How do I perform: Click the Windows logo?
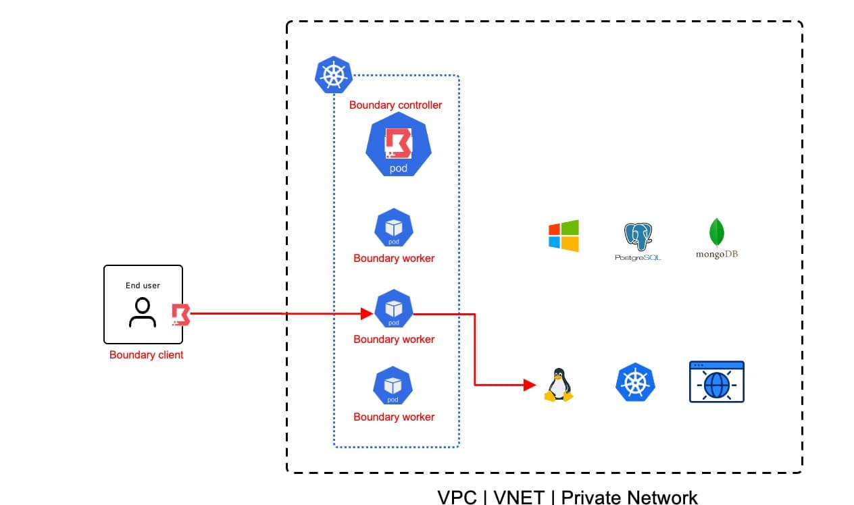tap(563, 236)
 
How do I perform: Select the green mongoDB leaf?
tap(717, 232)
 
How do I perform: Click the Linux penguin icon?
tap(559, 385)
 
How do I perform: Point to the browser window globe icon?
tap(717, 382)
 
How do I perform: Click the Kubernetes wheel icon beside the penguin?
tap(635, 382)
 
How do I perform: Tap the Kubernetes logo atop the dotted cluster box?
tap(334, 75)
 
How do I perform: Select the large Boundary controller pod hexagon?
tap(399, 144)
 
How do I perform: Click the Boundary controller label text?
tap(395, 105)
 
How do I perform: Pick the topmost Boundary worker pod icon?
tap(394, 228)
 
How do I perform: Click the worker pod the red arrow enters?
tap(394, 309)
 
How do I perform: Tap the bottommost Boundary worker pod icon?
tap(393, 386)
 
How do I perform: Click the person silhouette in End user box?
tap(143, 313)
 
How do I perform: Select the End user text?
tap(143, 286)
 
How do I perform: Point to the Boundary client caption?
tap(147, 355)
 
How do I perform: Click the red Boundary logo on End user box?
tap(181, 315)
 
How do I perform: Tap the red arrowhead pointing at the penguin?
tap(530, 385)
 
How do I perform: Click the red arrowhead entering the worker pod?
tap(367, 314)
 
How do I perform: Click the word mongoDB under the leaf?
tap(717, 254)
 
